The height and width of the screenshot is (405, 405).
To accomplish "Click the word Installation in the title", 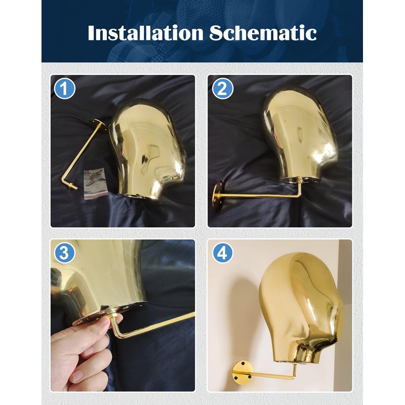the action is point(146,33).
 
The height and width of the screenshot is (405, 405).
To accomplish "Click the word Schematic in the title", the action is point(263,33).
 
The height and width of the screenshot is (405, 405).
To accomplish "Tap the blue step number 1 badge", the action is point(65,89).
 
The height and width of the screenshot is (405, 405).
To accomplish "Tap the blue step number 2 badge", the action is point(223,89).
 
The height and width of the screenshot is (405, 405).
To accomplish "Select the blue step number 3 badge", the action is point(64,253).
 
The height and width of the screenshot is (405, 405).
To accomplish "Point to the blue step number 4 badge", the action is point(222,253).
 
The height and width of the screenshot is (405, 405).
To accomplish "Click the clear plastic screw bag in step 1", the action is point(95,183).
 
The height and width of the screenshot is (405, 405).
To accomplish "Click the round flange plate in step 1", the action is point(98,126).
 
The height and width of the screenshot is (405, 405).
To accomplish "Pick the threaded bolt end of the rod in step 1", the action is point(72,186).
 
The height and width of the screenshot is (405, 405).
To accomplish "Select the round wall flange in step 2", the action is point(217,194).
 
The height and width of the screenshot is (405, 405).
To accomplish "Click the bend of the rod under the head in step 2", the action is point(299,194).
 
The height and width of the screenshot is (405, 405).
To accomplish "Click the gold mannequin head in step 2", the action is point(300,134).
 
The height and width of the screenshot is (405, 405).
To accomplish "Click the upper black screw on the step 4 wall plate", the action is point(243,363).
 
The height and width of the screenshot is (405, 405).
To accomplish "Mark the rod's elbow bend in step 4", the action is point(294,377).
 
